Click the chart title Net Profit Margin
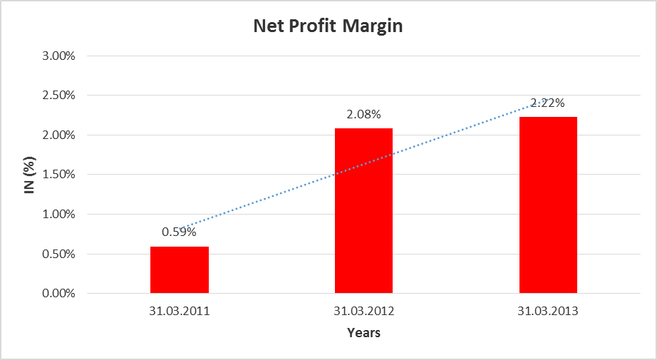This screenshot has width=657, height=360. coord(328,27)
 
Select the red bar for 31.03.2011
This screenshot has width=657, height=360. coord(180,269)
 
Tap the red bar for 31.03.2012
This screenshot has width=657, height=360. coord(363,210)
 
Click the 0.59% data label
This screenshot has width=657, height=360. coord(179,232)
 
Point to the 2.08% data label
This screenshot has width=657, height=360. coord(363,114)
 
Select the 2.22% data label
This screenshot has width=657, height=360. coord(548,103)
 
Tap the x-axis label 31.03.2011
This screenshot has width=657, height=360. coord(180,312)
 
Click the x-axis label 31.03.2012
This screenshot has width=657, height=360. coord(363,312)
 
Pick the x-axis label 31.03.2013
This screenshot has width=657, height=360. coord(548,312)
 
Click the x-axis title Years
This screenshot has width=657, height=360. coord(363,333)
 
